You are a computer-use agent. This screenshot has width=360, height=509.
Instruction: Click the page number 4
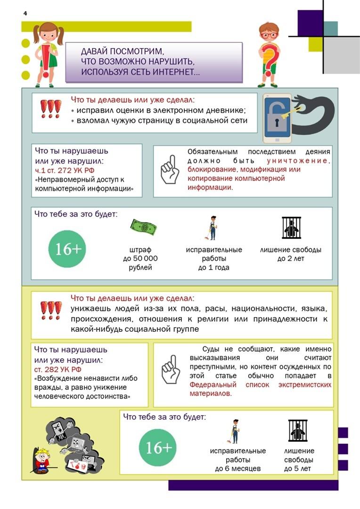pos(25,13)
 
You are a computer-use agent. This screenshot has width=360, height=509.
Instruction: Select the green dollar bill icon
pos(143,228)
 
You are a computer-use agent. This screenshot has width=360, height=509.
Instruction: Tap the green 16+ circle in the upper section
pos(68,249)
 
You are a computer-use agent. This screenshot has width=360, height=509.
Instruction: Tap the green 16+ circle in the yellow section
pos(159,447)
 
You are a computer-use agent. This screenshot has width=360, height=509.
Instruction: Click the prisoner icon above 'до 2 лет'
pos(291,228)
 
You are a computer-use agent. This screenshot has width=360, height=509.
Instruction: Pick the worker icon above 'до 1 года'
pos(213,229)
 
